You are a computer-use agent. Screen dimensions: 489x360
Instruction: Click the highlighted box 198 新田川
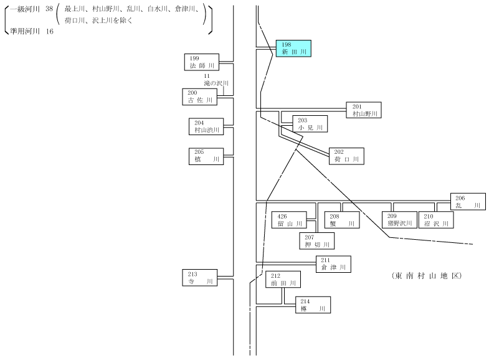293,49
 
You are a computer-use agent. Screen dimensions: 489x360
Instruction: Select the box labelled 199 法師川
202,62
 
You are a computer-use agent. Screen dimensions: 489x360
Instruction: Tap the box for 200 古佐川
199,97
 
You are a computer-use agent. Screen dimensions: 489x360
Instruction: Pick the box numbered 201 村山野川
364,110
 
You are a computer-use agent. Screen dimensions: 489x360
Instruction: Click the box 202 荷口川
346,156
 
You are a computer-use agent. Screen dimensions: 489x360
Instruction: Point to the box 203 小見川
310,124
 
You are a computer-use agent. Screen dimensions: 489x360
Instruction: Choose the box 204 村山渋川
206,126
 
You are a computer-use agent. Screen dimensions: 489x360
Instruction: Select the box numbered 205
206,156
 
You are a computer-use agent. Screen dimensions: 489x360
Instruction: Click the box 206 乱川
468,201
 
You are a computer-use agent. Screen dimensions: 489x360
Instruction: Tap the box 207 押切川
317,241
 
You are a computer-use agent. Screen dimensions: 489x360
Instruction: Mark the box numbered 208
342,220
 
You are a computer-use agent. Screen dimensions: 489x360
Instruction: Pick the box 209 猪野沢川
400,220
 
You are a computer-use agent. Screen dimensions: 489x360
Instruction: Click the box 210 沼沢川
436,220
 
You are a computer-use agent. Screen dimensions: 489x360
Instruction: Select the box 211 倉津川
333,264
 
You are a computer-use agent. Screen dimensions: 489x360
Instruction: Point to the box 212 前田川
283,279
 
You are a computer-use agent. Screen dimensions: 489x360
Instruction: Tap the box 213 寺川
199,278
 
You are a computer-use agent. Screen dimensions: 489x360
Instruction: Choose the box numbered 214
313,305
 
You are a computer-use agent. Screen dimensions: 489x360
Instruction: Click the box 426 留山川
289,220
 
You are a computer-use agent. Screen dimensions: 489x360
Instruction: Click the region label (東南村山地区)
427,276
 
